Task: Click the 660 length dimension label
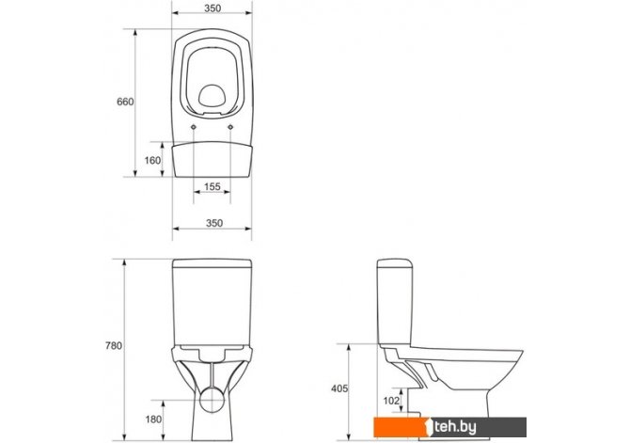click(125, 102)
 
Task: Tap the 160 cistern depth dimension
click(152, 161)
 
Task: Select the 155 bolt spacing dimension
click(213, 186)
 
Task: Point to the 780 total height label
click(113, 346)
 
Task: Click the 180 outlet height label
click(153, 419)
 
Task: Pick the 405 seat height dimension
click(339, 388)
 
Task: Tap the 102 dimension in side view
click(391, 401)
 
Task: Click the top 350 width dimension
click(213, 8)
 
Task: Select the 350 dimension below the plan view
click(214, 223)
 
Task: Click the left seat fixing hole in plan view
click(194, 127)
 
